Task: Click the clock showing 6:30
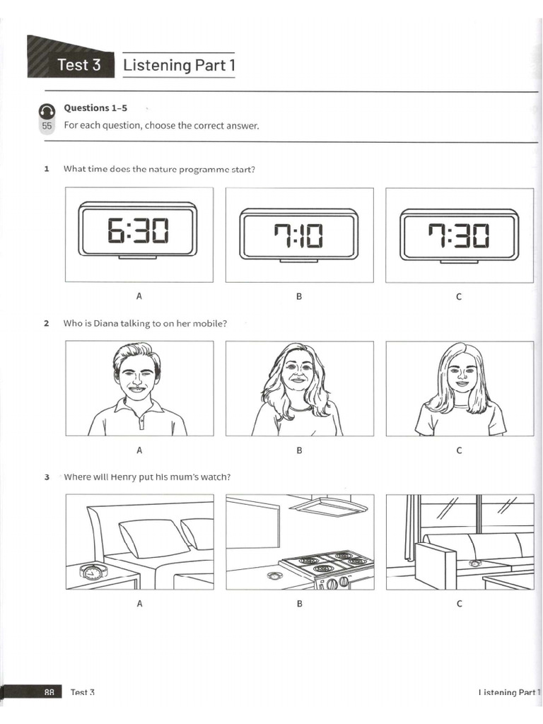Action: (138, 230)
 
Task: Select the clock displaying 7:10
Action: (299, 235)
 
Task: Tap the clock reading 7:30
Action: (459, 235)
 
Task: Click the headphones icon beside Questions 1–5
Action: (47, 111)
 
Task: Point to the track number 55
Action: (47, 126)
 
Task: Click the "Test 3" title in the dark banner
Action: (79, 64)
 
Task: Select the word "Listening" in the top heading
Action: (157, 65)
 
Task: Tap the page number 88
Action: (49, 692)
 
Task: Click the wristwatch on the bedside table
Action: (94, 572)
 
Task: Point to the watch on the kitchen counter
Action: (274, 576)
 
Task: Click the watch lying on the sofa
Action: (474, 564)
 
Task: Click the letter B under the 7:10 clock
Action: (299, 296)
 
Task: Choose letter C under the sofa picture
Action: (459, 604)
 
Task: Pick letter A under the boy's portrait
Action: (139, 450)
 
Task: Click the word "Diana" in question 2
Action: (106, 323)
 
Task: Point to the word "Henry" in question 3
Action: (124, 477)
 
